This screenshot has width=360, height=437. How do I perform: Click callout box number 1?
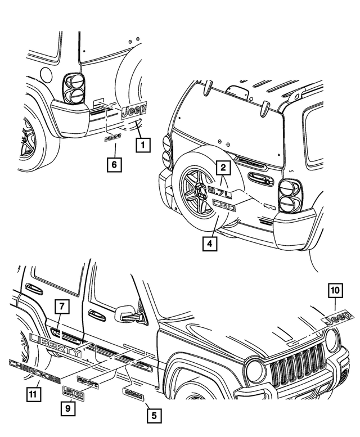[143, 146]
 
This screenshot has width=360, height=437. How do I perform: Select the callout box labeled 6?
[114, 164]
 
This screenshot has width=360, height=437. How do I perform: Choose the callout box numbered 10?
[335, 291]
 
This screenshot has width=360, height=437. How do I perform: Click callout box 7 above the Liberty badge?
[61, 308]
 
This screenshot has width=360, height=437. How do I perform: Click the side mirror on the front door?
[127, 313]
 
